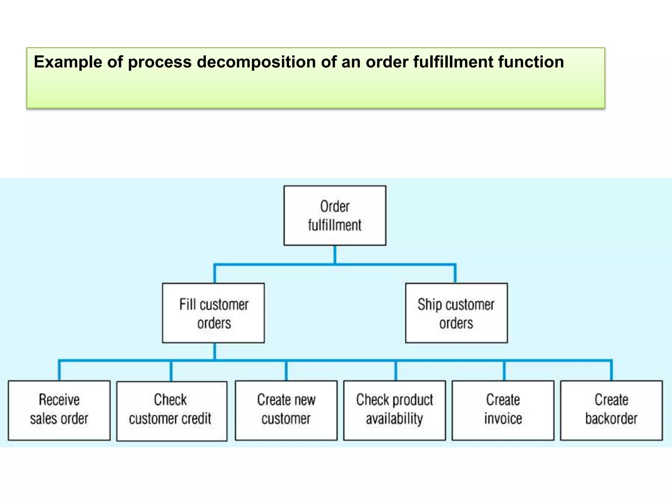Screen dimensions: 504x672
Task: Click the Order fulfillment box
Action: [x=335, y=216]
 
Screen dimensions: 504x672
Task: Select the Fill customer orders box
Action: [x=213, y=313]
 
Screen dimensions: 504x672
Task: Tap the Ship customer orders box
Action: [x=456, y=313]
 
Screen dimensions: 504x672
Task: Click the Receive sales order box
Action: [x=59, y=410]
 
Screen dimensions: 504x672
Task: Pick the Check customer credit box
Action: [x=172, y=411]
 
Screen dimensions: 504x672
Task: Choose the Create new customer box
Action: [x=286, y=410]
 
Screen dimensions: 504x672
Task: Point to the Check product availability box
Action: [x=394, y=410]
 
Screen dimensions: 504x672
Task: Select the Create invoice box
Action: [x=503, y=410]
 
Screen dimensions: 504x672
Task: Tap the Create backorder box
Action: [x=611, y=410]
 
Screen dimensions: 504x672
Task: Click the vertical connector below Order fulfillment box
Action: [x=335, y=254]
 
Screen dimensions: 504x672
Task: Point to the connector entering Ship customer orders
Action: [x=455, y=274]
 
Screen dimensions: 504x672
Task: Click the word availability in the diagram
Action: [x=394, y=419]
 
